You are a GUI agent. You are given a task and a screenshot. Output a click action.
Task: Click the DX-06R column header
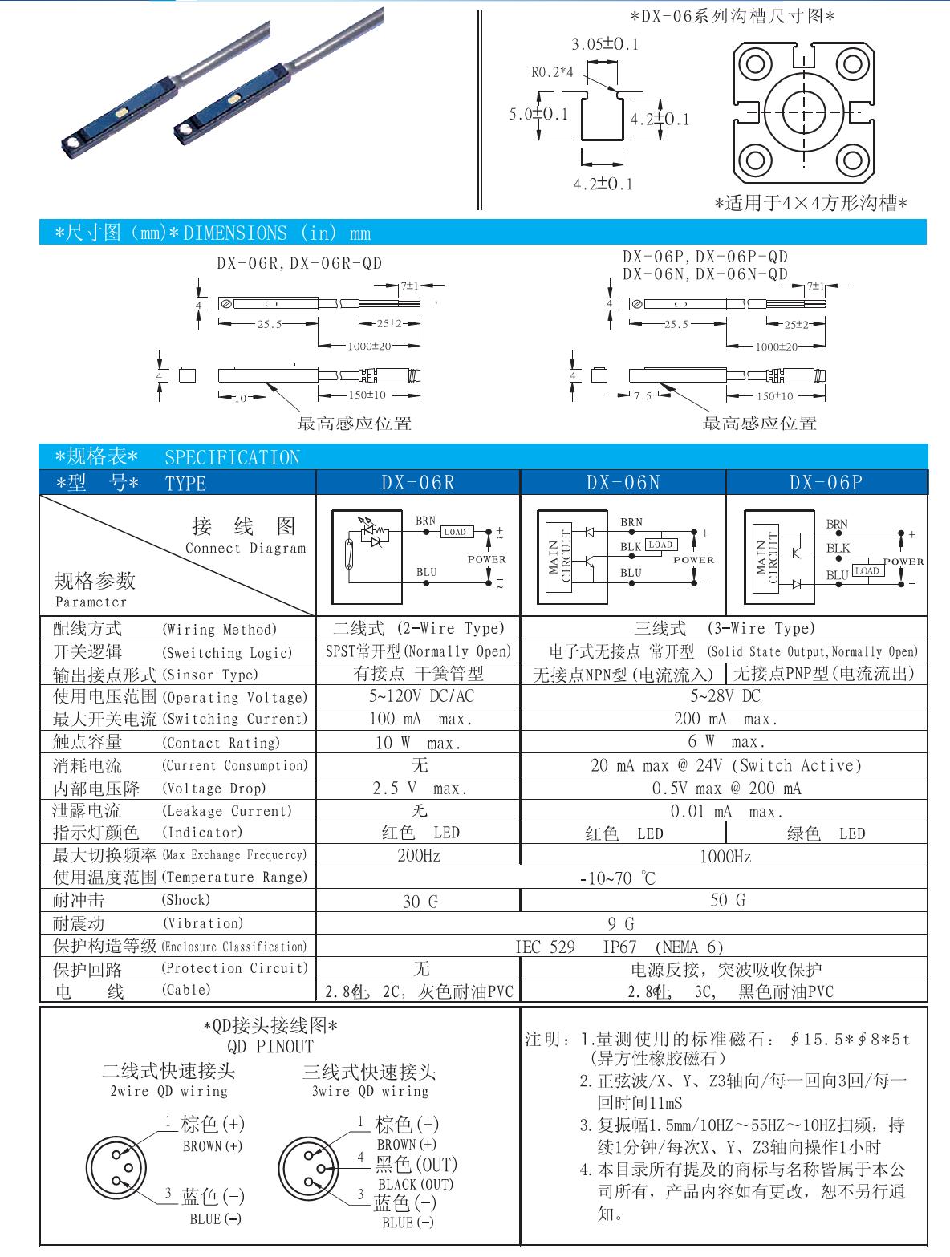(x=417, y=482)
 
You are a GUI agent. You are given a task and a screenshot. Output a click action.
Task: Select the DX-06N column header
(x=623, y=482)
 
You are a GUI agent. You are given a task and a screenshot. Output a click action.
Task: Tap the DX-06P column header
(x=826, y=482)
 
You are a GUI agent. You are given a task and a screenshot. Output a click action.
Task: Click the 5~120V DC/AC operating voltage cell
(x=418, y=696)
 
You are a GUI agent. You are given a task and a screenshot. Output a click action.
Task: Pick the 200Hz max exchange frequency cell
(x=419, y=855)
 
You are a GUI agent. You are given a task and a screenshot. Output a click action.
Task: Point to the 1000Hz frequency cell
(x=725, y=857)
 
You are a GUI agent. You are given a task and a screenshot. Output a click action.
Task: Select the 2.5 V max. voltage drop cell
(x=419, y=789)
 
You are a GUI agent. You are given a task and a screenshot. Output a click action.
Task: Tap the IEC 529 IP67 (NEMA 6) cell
(x=619, y=947)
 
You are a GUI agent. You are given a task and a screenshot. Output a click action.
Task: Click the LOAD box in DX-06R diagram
(x=456, y=532)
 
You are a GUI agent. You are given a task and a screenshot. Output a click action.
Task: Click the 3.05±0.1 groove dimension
(x=605, y=44)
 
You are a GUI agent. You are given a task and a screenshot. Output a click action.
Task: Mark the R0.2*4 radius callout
(x=553, y=72)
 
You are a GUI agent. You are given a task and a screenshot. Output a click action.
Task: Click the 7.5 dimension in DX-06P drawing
(x=642, y=396)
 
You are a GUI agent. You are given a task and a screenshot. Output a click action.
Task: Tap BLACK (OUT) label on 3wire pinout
(x=416, y=1183)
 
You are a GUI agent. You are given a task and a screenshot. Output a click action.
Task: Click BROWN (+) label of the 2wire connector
(x=213, y=1146)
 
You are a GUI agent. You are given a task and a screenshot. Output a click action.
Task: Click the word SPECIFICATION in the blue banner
(x=232, y=458)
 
